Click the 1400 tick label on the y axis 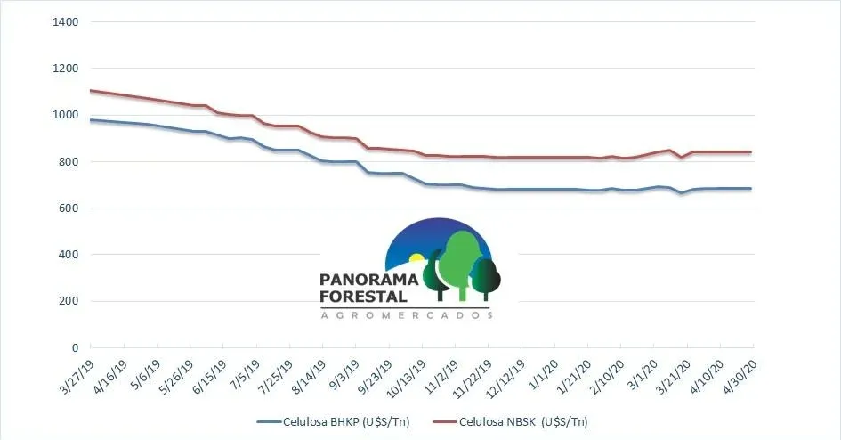tap(66, 21)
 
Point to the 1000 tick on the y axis tap(66, 115)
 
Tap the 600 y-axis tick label tap(69, 208)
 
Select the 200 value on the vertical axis tap(69, 301)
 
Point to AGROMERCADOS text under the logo tap(406, 315)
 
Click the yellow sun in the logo tap(416, 260)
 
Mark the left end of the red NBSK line tap(91, 90)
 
